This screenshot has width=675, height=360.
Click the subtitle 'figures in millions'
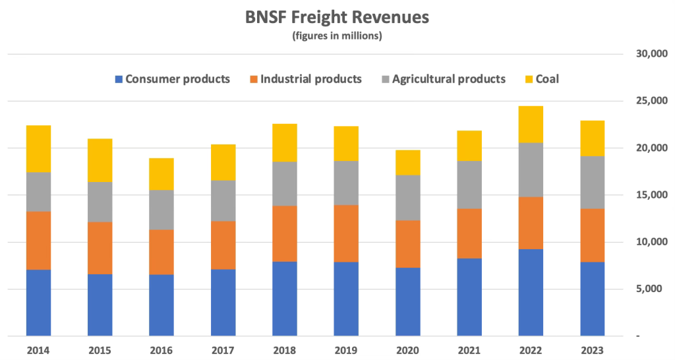pyautogui.click(x=337, y=36)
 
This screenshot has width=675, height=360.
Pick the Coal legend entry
pyautogui.click(x=541, y=79)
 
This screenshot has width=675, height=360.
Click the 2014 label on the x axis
pyautogui.click(x=38, y=349)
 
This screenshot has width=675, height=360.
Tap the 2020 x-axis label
pyautogui.click(x=407, y=349)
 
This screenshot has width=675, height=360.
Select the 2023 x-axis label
pyautogui.click(x=592, y=349)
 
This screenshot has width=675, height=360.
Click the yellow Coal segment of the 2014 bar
pyautogui.click(x=38, y=148)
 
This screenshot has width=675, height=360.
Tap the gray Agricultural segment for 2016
pyautogui.click(x=161, y=210)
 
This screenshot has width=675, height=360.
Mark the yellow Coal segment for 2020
pyautogui.click(x=407, y=162)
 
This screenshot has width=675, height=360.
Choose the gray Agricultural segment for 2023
pyautogui.click(x=592, y=183)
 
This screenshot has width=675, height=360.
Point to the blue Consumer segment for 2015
pyautogui.click(x=100, y=305)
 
